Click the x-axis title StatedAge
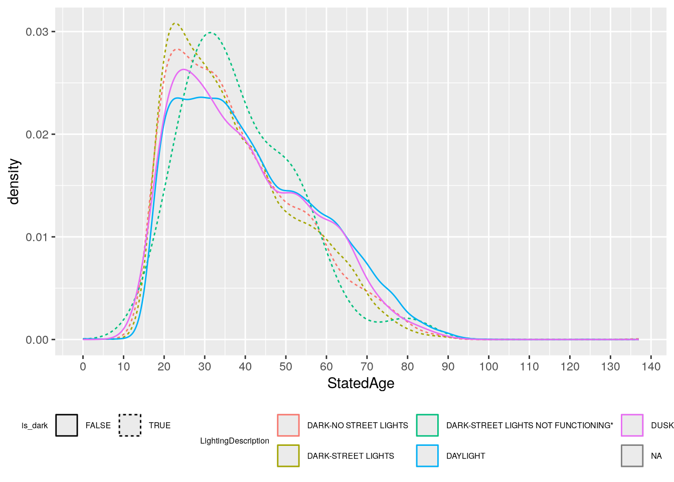pos(361,384)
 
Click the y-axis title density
pos(14,182)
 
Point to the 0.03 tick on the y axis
pos(37,32)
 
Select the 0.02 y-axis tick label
pos(37,135)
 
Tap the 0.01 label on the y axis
pos(37,237)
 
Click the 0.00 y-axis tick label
pos(37,340)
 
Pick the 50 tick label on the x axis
pos(286,367)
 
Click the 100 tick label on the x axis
pos(488,367)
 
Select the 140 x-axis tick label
pos(651,367)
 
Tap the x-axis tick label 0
pos(83,367)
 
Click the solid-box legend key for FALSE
pos(67,425)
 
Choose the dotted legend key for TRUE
pos(130,425)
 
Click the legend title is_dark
pos(35,426)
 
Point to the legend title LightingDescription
pos(235,441)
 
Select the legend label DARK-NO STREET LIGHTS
pos(358,425)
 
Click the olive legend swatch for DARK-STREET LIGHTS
pos(288,456)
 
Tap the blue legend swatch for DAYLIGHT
pos(427,456)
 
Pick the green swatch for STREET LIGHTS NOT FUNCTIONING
pos(427,425)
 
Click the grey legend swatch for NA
pos(632,456)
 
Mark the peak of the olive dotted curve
pos(175,23)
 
